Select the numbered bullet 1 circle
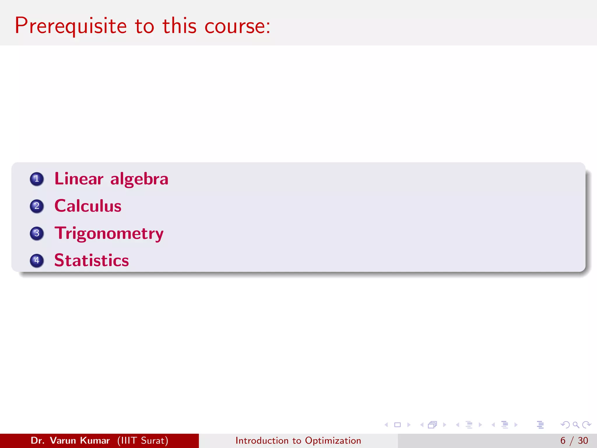37,179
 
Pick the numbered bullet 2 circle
37,206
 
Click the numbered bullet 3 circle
37,233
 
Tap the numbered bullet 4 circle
37,260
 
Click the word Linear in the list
79,179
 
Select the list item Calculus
88,206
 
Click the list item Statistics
92,260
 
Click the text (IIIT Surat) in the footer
143,440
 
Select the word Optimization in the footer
333,440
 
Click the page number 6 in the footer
563,440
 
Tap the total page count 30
583,440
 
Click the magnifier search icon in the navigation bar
576,425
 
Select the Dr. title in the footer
38,440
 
